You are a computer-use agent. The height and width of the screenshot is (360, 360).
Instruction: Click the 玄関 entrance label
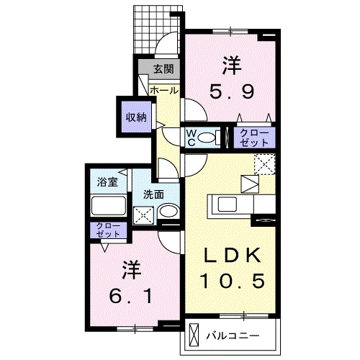click(163, 69)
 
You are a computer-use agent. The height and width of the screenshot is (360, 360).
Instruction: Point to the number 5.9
click(231, 92)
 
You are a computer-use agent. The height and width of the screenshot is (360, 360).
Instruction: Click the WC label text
click(192, 137)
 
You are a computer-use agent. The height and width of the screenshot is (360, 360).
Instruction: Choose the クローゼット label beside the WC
click(252, 138)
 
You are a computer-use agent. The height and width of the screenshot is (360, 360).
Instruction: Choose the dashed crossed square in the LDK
click(265, 165)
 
